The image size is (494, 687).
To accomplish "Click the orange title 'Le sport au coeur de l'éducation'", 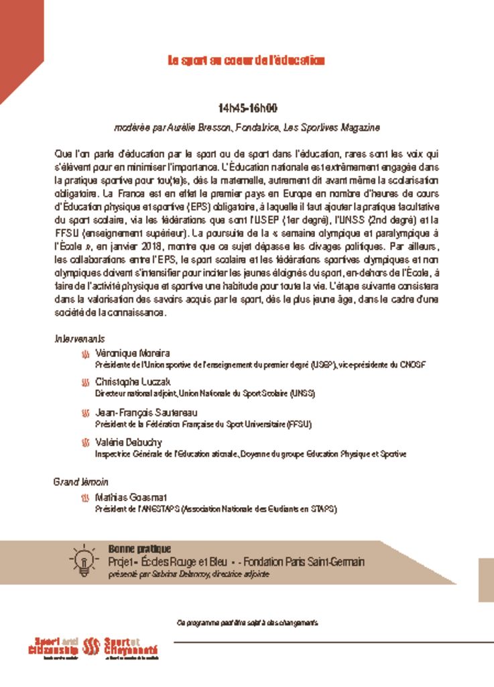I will point(246,61).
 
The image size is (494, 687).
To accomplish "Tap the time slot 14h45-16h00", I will point(247,108).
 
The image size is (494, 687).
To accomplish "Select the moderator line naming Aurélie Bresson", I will point(247,127).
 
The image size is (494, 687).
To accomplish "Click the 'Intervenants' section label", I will point(79,339).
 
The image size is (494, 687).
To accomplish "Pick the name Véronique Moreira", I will point(133,353).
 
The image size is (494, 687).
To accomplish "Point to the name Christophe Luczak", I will point(133,382).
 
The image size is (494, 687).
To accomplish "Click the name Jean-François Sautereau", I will point(147,412).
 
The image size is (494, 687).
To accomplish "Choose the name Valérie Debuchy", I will point(129,442).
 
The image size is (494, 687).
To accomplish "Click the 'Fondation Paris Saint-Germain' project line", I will point(236,562).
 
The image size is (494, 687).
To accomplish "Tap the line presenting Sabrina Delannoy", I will point(189,575).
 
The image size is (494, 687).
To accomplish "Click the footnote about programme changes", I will point(247,623).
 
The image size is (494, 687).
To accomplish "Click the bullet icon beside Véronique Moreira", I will point(84,354).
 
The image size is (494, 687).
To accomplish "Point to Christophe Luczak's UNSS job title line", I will point(204,393).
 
